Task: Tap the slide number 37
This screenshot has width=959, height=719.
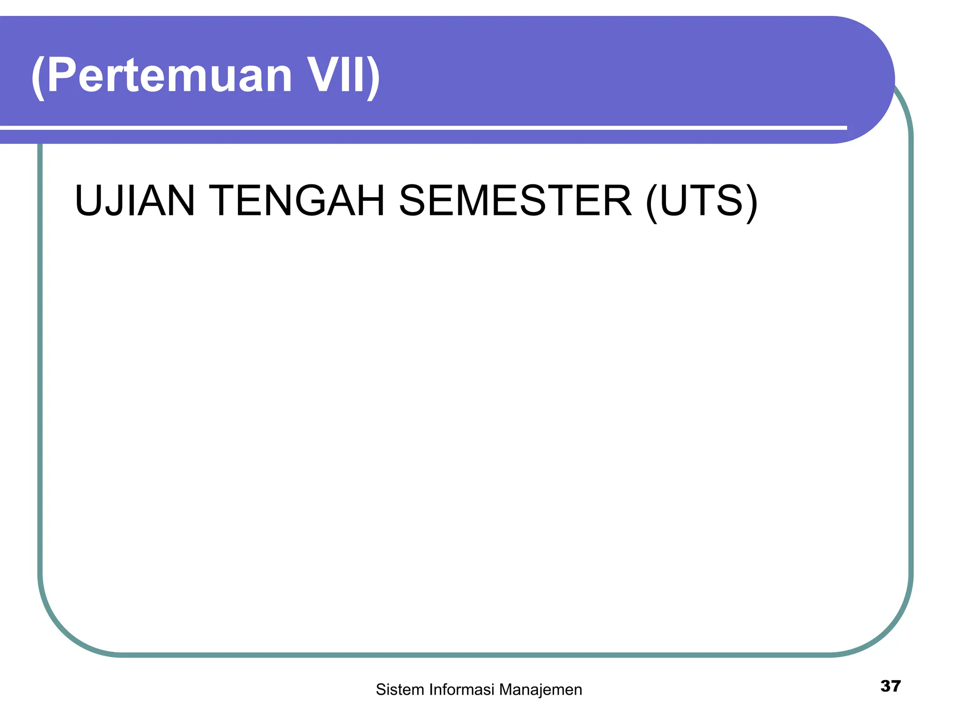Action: tap(890, 686)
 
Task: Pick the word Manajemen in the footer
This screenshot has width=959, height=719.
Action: tap(540, 690)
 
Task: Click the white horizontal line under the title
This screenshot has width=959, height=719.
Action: tap(421, 127)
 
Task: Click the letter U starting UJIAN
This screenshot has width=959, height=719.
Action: tap(89, 201)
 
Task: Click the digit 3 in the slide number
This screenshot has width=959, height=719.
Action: tap(885, 686)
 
